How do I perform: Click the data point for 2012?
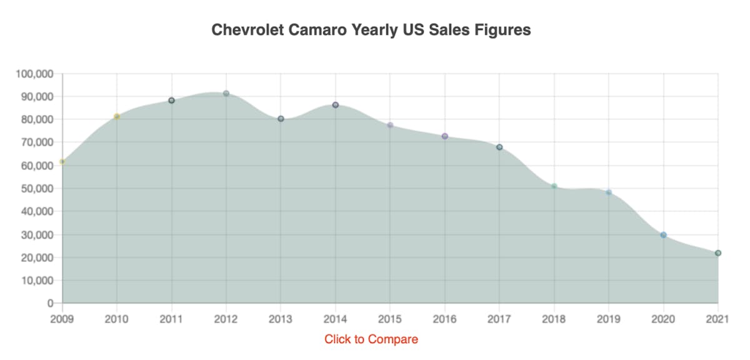226,94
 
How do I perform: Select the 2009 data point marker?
62,162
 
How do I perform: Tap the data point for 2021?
718,253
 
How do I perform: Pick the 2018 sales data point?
554,186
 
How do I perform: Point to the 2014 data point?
336,105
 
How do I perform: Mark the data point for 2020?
663,235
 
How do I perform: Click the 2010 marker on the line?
117,116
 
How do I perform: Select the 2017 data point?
499,147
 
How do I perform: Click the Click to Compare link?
371,339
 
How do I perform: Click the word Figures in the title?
501,30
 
